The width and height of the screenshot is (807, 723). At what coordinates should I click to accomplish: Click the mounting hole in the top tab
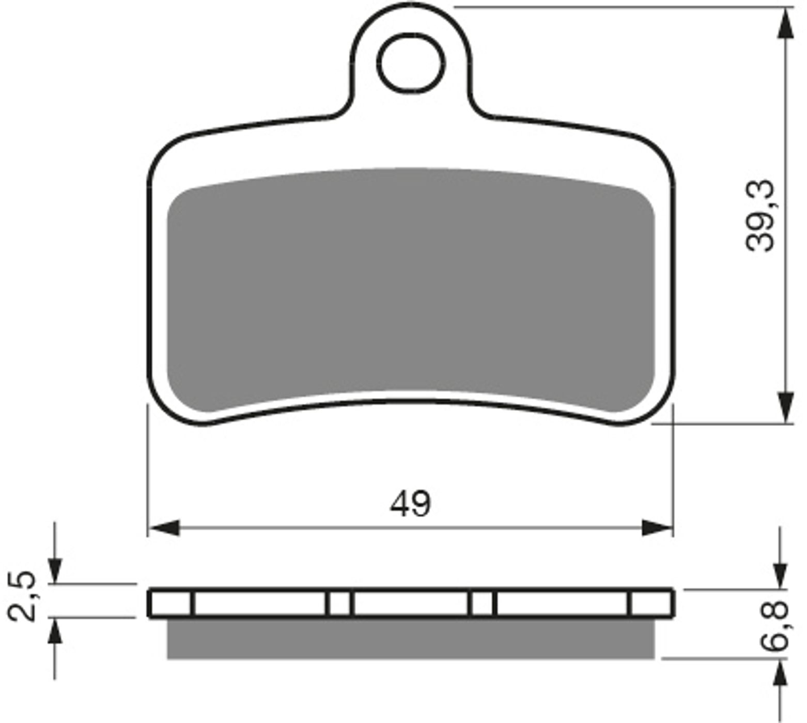click(411, 64)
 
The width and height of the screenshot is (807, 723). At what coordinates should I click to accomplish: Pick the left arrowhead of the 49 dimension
click(163, 528)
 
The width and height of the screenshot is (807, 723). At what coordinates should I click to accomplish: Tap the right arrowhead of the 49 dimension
click(658, 528)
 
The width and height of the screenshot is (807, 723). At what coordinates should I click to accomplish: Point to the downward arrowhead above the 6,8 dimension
click(780, 575)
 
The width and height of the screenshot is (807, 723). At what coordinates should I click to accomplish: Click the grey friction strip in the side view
click(411, 638)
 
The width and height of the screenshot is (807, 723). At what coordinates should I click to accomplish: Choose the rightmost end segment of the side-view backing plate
click(651, 603)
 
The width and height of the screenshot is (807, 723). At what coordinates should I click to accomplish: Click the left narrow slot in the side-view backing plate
click(340, 603)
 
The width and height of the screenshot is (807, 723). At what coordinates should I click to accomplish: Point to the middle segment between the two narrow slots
click(411, 603)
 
